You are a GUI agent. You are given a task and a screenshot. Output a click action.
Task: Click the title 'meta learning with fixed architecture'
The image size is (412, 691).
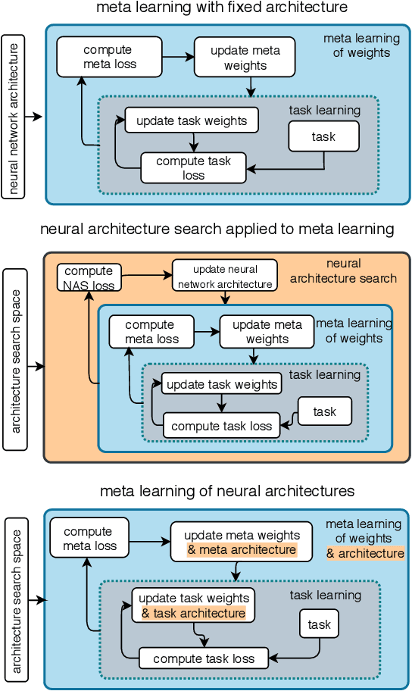tap(222, 8)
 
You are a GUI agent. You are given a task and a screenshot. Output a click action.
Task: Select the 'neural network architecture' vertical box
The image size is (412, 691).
tap(13, 116)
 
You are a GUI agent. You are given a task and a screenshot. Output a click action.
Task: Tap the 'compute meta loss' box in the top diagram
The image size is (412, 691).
tap(109, 56)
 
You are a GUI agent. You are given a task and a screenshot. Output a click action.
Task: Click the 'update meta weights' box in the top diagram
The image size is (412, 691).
tap(245, 58)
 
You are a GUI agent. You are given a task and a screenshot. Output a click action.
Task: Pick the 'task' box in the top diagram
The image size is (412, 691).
tap(323, 136)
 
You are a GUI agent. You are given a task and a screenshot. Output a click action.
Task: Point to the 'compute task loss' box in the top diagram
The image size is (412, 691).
tap(193, 167)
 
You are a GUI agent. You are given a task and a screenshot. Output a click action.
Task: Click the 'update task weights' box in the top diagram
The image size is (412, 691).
tap(192, 120)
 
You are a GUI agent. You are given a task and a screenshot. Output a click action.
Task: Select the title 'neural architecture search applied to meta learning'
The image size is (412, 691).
tap(217, 229)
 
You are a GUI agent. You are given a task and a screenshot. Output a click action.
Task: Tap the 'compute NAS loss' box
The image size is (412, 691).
tap(89, 277)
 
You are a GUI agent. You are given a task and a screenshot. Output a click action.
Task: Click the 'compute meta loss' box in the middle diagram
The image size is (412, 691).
tap(149, 332)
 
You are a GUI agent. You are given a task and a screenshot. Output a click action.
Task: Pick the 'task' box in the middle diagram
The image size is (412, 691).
tap(324, 412)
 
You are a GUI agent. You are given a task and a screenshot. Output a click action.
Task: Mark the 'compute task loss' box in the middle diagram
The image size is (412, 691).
tap(221, 426)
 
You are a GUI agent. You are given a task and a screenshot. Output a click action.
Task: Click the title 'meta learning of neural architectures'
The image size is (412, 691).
tap(227, 492)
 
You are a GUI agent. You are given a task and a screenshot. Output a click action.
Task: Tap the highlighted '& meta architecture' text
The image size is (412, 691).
tap(242, 550)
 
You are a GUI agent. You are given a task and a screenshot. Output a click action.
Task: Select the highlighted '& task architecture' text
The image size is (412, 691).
tap(193, 613)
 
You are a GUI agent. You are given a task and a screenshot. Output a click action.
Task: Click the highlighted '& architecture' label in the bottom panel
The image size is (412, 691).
tap(365, 553)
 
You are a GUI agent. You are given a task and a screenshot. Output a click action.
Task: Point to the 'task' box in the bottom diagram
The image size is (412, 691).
tap(320, 625)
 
